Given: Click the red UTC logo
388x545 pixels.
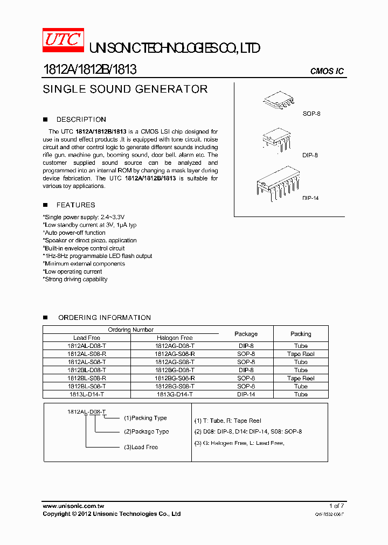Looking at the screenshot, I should [x=63, y=41].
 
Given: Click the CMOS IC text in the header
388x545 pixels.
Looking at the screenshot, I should [x=327, y=71].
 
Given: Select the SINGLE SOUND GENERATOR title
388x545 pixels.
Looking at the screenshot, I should [x=125, y=89].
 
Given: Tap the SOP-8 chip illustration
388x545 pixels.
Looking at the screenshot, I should [x=279, y=100].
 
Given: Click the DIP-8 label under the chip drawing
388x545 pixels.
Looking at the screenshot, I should [x=310, y=155].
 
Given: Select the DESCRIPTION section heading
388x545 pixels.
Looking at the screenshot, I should [x=81, y=120].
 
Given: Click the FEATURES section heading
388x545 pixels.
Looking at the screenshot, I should [x=75, y=205].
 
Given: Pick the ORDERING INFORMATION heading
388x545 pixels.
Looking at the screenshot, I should [x=105, y=318].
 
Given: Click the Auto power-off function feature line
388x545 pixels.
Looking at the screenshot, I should [x=74, y=233].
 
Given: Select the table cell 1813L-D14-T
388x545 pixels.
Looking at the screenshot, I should [x=87, y=394].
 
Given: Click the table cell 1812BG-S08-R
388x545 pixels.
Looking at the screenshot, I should [x=175, y=378].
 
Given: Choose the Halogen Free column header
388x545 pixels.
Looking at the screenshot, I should [x=174, y=338].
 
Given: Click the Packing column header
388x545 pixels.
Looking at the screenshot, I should [x=301, y=334].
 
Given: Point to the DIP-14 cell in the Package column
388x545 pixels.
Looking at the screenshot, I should [x=246, y=394].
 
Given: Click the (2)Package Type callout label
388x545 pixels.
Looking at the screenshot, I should [x=146, y=431].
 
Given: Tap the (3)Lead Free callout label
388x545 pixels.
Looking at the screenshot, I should [x=141, y=447].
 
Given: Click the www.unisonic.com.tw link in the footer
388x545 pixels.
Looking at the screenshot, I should [x=73, y=506].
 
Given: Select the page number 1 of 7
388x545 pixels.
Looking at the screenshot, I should [x=336, y=506].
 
